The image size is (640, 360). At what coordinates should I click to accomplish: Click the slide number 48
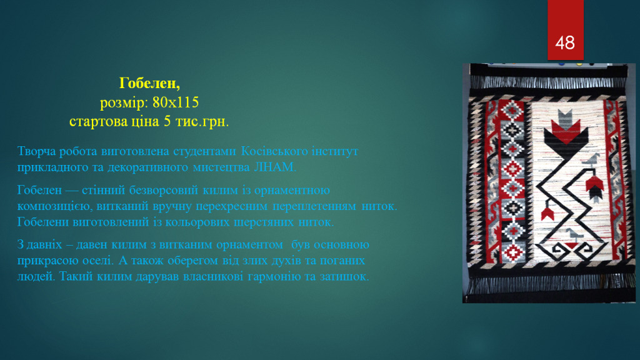click(x=565, y=43)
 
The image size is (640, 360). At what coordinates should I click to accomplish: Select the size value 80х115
click(x=176, y=102)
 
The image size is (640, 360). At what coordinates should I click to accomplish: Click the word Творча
click(x=36, y=151)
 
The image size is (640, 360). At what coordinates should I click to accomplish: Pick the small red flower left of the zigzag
click(x=547, y=214)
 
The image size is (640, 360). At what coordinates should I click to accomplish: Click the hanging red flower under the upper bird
click(x=595, y=187)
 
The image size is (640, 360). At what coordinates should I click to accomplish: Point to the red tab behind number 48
click(x=565, y=30)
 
